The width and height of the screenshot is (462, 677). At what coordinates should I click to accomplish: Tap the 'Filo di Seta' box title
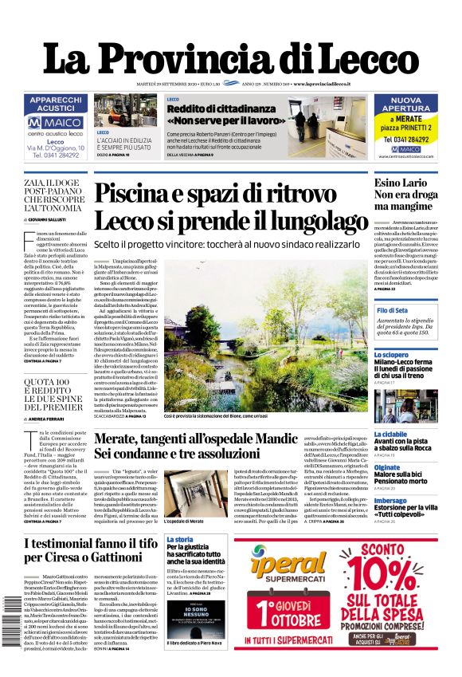pos(393,309)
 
